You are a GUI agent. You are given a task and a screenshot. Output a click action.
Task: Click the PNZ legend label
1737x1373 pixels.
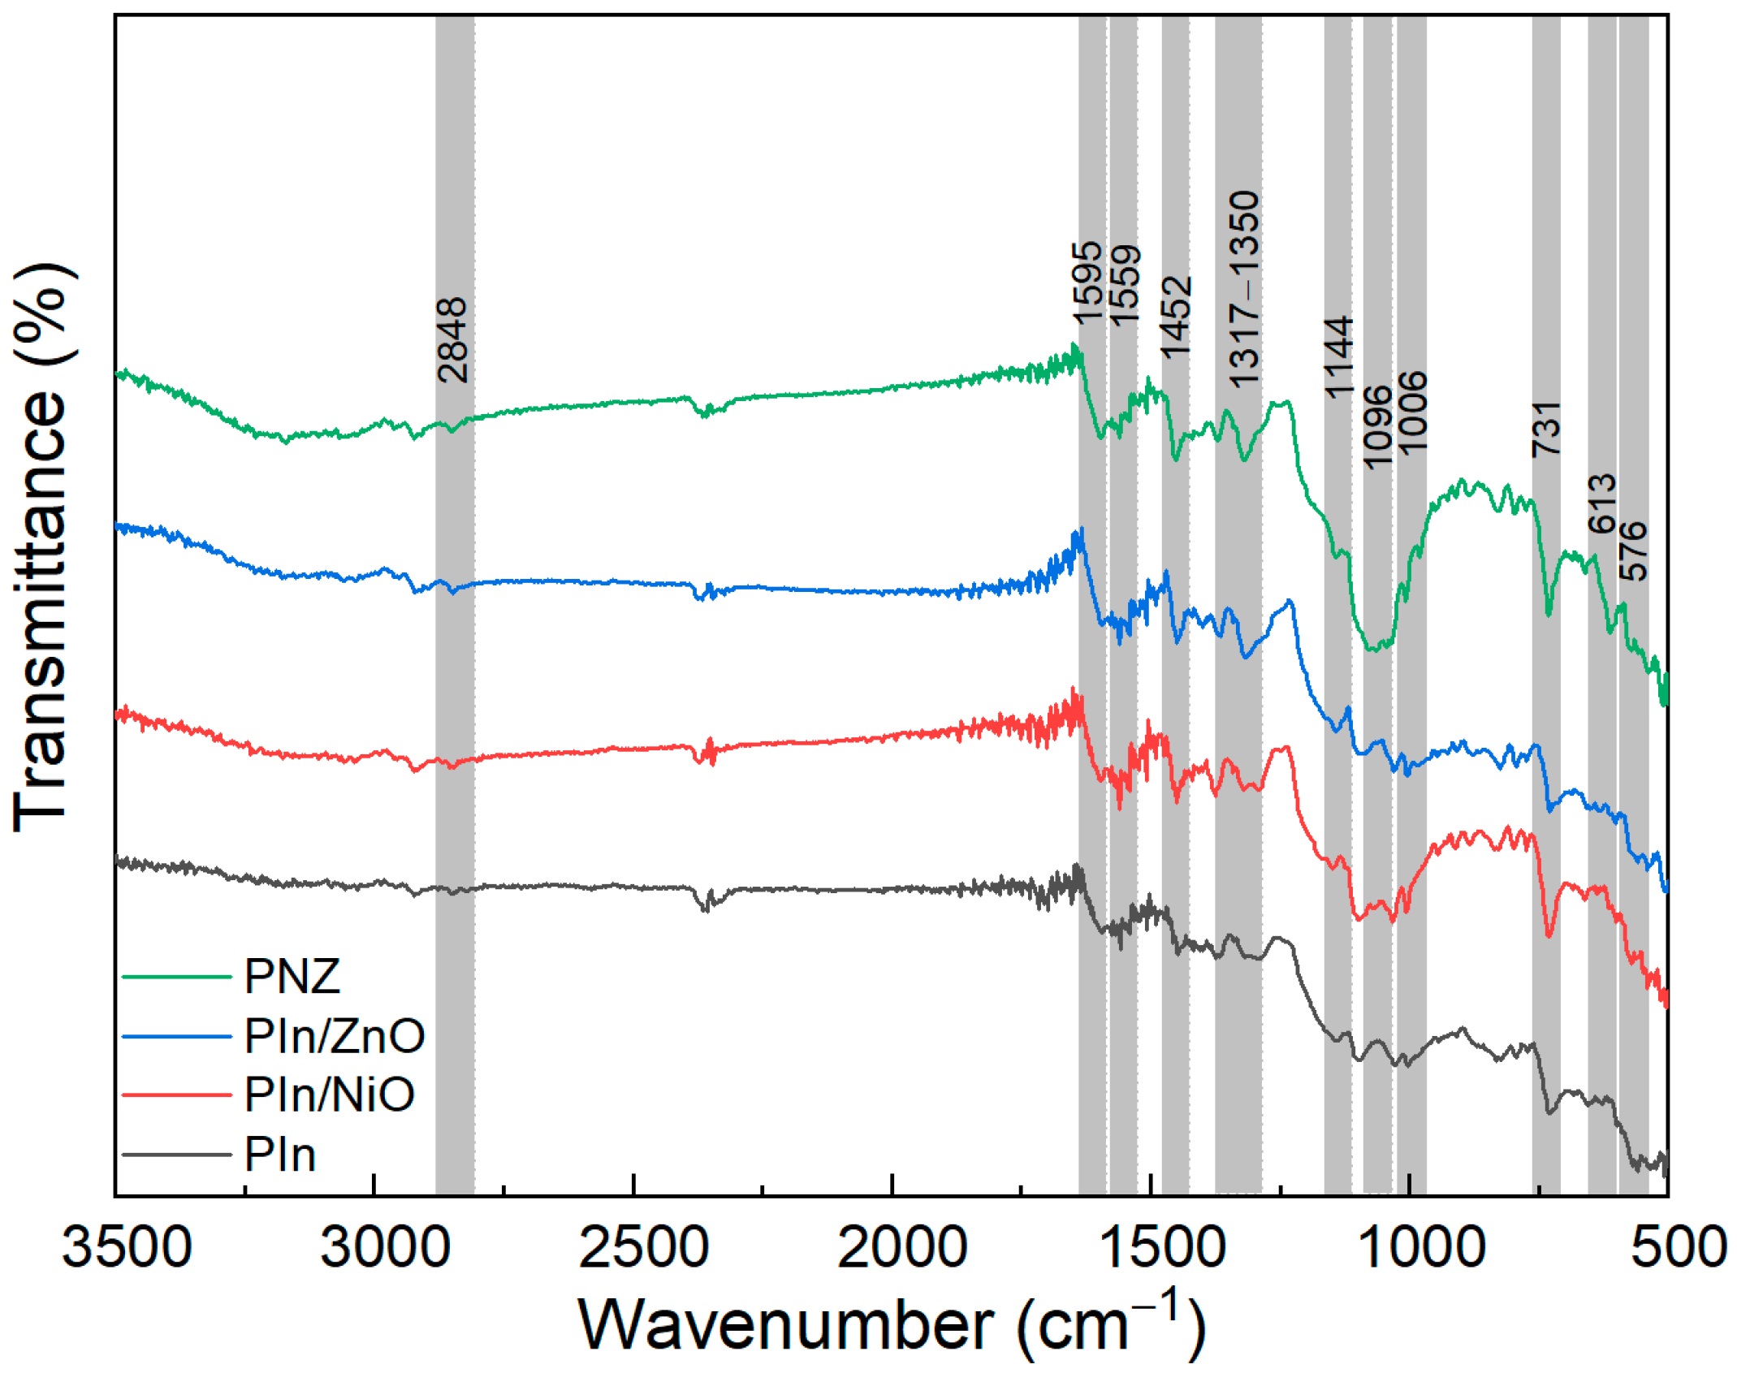tap(292, 977)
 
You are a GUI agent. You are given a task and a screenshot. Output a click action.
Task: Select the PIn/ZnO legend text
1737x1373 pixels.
tap(334, 1037)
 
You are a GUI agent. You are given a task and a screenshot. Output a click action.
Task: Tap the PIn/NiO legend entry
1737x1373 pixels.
tap(329, 1095)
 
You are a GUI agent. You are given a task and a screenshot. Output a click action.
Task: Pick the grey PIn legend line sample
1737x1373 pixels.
tap(177, 1155)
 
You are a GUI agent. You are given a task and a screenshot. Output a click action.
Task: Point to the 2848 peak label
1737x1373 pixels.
tap(452, 340)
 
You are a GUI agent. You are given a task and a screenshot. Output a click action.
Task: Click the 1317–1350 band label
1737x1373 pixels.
tap(1243, 289)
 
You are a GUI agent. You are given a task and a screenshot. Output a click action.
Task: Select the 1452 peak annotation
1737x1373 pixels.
tap(1175, 317)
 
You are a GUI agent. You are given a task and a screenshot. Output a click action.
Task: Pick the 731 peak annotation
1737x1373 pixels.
tap(1546, 429)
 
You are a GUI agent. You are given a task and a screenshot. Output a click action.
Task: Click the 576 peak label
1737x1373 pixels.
tap(1633, 551)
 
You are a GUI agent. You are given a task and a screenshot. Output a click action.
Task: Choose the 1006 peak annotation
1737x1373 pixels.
tap(1412, 412)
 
